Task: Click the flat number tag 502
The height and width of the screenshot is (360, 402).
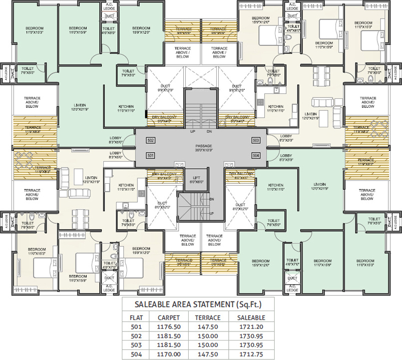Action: (150, 140)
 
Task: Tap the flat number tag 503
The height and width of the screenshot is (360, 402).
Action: (255, 140)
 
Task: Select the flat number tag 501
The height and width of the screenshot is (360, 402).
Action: (150, 156)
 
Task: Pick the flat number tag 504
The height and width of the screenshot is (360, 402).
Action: (255, 156)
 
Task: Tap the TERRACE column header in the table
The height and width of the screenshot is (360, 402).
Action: (207, 317)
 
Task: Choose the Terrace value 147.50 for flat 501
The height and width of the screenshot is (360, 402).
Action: (207, 327)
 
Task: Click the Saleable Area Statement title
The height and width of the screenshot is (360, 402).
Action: (198, 304)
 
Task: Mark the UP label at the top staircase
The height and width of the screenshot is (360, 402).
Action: (192, 132)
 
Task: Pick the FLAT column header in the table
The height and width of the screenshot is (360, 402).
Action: (135, 317)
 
